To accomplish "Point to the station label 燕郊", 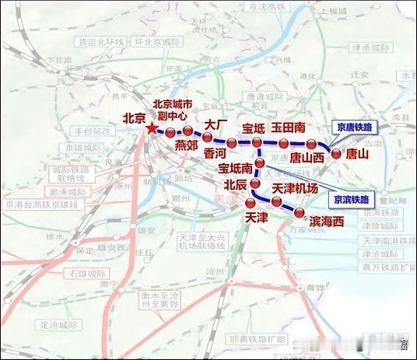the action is pyautogui.click(x=187, y=145).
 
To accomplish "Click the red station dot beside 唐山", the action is pyautogui.click(x=336, y=154).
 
